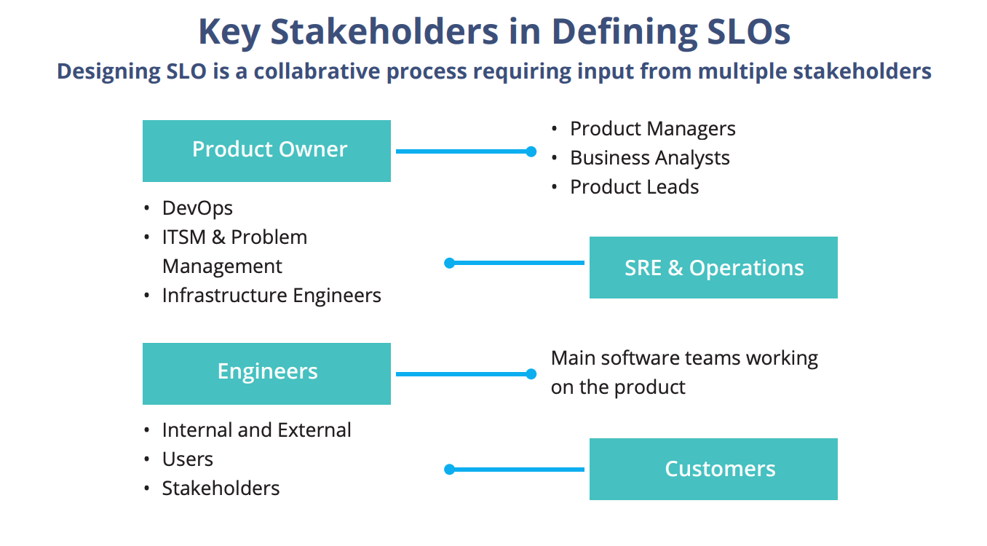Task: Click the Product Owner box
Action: tap(266, 151)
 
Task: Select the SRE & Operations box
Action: tap(713, 267)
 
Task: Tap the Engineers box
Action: tap(266, 373)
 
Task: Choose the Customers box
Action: tap(713, 469)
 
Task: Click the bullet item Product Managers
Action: tap(653, 129)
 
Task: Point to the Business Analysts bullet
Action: tap(650, 158)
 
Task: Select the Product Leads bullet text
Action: tap(635, 187)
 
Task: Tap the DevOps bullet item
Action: tap(197, 208)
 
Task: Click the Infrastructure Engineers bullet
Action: tap(271, 296)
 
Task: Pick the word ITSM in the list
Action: tap(183, 237)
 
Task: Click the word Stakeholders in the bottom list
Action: tap(221, 488)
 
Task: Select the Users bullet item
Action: tap(188, 459)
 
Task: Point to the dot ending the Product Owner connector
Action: tap(531, 151)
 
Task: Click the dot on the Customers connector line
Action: tap(449, 470)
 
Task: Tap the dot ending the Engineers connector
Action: tap(531, 374)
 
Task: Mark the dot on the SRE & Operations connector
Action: tap(449, 263)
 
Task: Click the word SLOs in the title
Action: tap(749, 31)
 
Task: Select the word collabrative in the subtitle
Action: tap(317, 71)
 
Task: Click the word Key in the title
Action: tap(229, 32)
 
